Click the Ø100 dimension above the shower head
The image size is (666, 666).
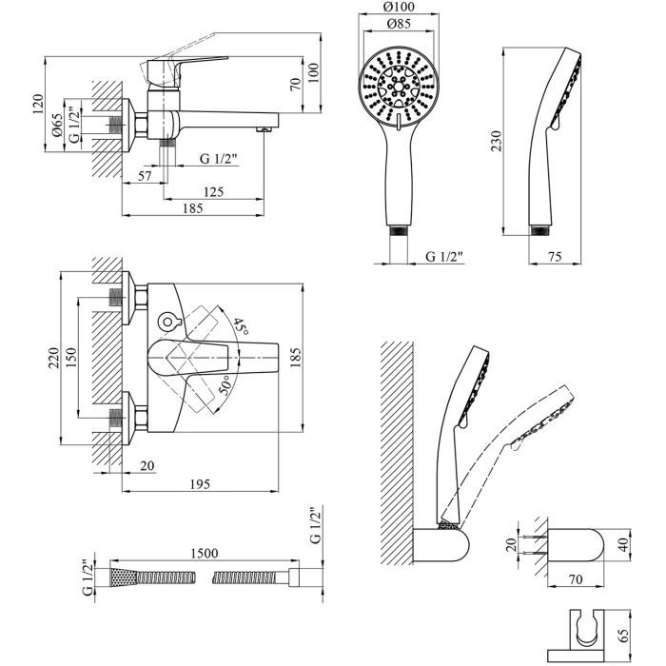(x=400, y=10)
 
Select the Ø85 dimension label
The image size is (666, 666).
(x=400, y=26)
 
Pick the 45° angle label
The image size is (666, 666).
(x=239, y=327)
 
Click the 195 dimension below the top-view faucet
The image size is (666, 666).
(x=200, y=485)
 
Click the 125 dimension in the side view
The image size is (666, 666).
(x=214, y=191)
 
